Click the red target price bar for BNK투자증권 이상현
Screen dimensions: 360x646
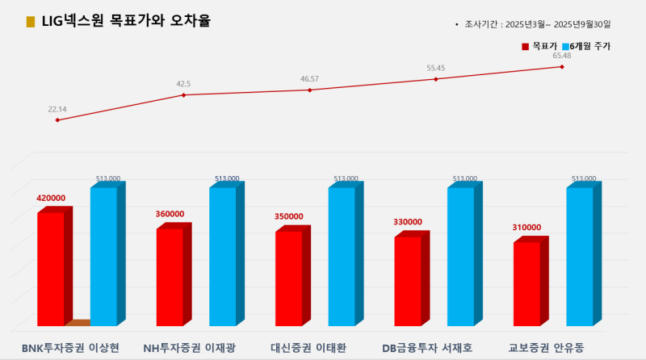click(50, 269)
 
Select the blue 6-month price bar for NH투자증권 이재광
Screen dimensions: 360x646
click(222, 257)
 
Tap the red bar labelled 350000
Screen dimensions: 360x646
click(288, 278)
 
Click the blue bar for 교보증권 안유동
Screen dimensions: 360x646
click(579, 257)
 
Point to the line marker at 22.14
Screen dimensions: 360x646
click(57, 120)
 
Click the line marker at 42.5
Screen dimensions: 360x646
click(183, 95)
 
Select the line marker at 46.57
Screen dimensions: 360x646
click(309, 90)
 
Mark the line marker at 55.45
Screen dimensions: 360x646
click(436, 79)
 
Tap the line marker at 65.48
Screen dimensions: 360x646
click(562, 66)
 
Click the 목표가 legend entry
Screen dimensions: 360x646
click(539, 47)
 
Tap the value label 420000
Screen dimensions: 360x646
click(51, 198)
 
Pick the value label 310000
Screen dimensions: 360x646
click(526, 228)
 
